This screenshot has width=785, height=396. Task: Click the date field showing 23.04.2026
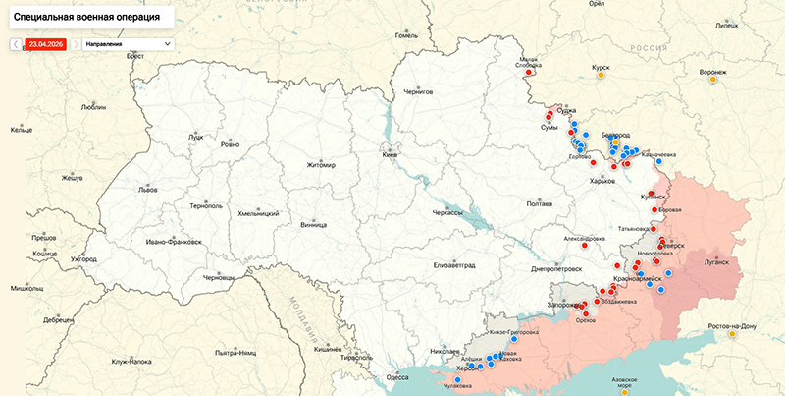[x=45, y=44]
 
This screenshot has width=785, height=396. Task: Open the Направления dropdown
[x=128, y=44]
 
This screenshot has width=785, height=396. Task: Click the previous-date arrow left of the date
[x=15, y=44]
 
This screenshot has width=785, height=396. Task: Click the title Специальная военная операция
[x=88, y=17]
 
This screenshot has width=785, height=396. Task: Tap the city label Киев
[x=391, y=155]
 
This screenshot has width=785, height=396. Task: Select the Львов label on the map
[x=146, y=189]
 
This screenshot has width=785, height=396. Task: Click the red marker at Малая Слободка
[x=529, y=71]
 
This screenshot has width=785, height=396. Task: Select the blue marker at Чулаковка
[x=457, y=378]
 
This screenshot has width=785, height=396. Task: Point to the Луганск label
[x=716, y=262]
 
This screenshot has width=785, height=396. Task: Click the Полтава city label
[x=540, y=203]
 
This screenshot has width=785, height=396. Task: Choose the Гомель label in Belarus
[x=406, y=35]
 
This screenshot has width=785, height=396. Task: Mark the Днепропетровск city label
[x=555, y=268]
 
